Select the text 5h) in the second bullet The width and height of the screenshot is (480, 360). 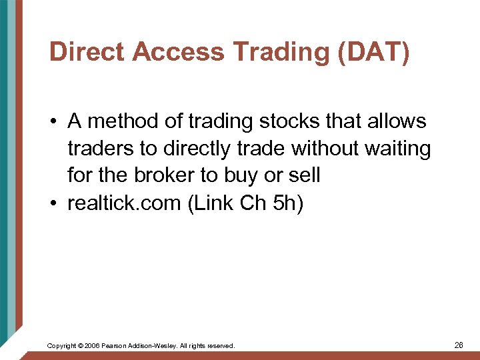click(x=288, y=203)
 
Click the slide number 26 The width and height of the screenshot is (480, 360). click(x=459, y=345)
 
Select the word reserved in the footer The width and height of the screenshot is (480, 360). click(x=220, y=346)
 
